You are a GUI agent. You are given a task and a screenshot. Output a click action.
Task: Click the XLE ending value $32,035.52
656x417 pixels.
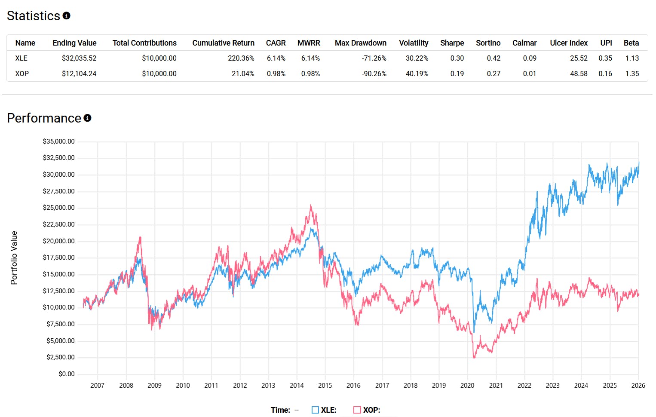coord(79,58)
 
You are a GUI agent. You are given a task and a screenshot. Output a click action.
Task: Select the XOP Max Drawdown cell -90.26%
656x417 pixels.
coord(374,74)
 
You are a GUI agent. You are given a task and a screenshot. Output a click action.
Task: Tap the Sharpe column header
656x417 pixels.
coord(452,43)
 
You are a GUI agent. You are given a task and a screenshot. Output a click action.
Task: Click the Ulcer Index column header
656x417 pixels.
coord(568,43)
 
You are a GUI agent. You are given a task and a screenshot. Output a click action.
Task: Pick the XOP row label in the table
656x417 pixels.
coord(22,74)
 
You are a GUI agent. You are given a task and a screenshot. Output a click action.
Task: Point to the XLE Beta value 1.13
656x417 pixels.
coord(631,58)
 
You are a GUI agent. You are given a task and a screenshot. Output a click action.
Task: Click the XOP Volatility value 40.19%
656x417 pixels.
coord(417,74)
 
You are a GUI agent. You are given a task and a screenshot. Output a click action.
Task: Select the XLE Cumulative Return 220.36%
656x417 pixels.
coord(241,58)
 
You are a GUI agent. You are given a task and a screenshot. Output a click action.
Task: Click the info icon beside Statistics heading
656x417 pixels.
coord(66,15)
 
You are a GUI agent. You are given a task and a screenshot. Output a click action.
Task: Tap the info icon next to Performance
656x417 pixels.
coord(87,118)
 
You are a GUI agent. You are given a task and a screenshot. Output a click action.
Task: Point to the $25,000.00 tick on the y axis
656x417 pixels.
coord(58,208)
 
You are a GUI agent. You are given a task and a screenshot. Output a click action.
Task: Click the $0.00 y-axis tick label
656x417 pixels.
coord(67,374)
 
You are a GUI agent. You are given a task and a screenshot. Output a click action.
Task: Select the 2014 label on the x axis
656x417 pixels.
coord(297,386)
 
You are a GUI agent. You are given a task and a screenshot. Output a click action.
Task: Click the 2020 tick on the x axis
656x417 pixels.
coord(467,386)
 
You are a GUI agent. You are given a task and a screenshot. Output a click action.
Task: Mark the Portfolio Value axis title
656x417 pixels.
coord(14,258)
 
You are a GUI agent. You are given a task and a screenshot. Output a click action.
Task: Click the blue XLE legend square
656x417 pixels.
coord(315,410)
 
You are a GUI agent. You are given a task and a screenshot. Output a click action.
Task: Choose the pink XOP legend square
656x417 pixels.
coord(357,410)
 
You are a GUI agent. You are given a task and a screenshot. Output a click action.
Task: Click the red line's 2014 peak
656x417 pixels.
coord(311,206)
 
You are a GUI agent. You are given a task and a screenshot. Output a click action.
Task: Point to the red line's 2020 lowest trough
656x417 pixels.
coord(474,357)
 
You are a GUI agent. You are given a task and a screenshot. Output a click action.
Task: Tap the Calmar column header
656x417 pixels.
coord(524,43)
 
